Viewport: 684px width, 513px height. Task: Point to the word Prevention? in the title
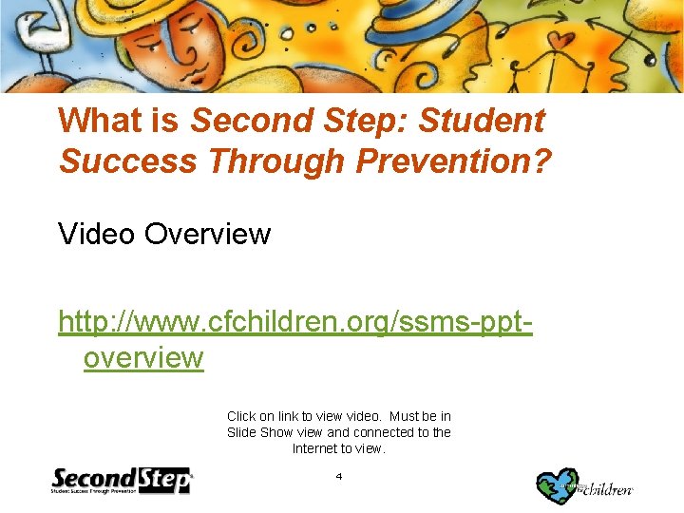click(x=454, y=161)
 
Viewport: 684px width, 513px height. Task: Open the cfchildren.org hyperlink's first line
click(x=294, y=322)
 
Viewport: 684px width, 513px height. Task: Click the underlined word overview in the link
click(x=143, y=358)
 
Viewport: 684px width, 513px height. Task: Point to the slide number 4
click(x=339, y=476)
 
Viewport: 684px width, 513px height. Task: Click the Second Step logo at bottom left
click(x=122, y=481)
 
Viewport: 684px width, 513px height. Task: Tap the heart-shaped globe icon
click(x=558, y=485)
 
